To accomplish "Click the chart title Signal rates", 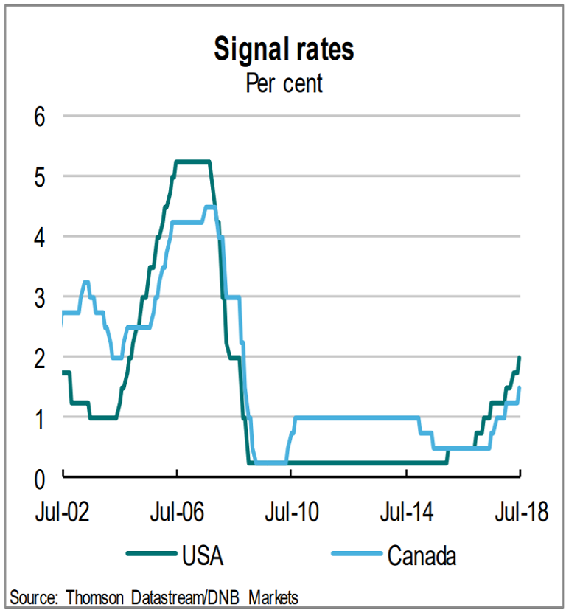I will click(x=284, y=49).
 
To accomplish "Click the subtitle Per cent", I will click(x=284, y=83).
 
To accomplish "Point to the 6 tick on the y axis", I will click(x=41, y=117).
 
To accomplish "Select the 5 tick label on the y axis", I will click(x=41, y=177).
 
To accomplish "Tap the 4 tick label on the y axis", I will click(x=41, y=238).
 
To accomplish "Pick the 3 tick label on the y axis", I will click(x=41, y=297).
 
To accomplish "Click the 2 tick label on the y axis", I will click(x=41, y=358).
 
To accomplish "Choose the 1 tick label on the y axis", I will click(x=41, y=418).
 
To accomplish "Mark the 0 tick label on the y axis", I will click(x=41, y=478).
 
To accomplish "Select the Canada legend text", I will click(x=422, y=555).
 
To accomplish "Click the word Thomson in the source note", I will click(x=97, y=596).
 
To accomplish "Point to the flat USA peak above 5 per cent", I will click(x=193, y=162).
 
